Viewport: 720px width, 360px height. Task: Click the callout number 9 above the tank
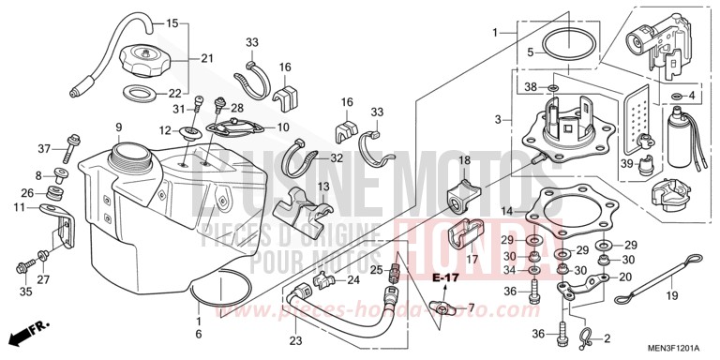119,127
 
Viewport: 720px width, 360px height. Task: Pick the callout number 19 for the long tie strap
671,295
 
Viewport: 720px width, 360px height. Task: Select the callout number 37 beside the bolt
43,149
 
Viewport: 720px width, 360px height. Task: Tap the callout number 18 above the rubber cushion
463,161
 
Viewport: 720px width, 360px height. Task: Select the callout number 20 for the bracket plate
624,277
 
